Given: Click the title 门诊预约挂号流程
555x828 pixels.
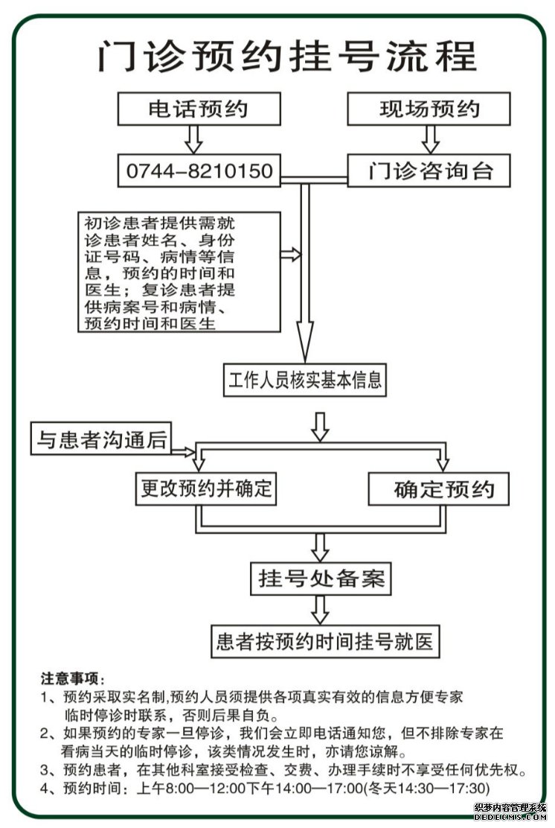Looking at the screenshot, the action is [287, 55].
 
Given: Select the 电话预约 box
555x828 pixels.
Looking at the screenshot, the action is [199, 109].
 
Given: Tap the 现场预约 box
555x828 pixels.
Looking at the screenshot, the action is [429, 109].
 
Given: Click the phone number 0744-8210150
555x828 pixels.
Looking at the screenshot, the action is [199, 171].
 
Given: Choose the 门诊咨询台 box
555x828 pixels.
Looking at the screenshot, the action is [429, 171].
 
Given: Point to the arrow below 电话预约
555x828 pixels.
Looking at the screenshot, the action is [193, 139].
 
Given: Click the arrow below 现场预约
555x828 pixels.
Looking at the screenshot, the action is [431, 139].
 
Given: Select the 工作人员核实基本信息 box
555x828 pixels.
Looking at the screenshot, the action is [305, 380].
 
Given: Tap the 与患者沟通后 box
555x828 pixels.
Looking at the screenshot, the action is [101, 439].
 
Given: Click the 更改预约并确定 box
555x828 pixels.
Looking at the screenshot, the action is [206, 488].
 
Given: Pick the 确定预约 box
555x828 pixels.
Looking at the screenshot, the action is [438, 488].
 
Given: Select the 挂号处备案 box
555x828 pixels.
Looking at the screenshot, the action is [321, 579].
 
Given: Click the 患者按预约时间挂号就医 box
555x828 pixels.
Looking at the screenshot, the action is [325, 641].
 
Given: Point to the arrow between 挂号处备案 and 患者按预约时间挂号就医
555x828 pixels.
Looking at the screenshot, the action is [320, 610].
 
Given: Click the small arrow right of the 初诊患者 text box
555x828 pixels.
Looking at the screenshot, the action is [291, 255].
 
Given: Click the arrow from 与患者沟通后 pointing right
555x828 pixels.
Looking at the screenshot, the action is [183, 451].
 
